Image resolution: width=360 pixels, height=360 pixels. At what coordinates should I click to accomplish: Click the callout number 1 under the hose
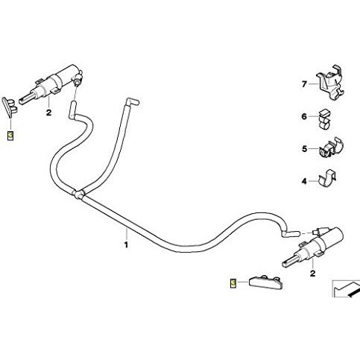[x=126, y=244]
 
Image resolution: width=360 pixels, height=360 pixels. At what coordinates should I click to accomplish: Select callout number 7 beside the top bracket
[x=304, y=84]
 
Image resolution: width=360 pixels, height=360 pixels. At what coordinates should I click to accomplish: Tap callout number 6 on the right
[x=304, y=116]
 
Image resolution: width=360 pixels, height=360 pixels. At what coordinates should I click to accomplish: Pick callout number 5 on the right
[x=304, y=149]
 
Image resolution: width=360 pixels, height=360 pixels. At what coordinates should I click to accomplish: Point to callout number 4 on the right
[x=304, y=181]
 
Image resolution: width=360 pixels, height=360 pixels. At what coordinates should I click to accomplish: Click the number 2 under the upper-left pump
[x=48, y=113]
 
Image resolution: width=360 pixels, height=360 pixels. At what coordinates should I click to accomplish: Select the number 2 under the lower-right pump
[x=313, y=274]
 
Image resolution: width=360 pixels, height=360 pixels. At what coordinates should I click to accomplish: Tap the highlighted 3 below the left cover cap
[x=10, y=136]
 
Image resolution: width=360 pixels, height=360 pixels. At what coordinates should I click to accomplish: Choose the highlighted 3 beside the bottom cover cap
[x=233, y=283]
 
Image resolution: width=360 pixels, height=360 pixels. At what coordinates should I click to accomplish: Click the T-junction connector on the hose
[x=79, y=195]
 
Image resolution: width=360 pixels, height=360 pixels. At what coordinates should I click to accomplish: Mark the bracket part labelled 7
[x=329, y=83]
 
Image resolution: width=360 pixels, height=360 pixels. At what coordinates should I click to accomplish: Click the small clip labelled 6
[x=323, y=119]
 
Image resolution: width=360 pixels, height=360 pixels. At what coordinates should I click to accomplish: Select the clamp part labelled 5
[x=330, y=148]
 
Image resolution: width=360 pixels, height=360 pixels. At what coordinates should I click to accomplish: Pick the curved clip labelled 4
[x=327, y=178]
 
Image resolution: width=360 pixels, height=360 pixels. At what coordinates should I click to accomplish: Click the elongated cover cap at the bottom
[x=266, y=282]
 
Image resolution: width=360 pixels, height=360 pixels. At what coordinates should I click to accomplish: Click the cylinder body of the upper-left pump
[x=66, y=75]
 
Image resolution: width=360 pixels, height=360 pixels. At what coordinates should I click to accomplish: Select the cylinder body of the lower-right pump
[x=328, y=238]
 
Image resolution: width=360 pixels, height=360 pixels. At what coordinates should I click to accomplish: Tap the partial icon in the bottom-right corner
[x=346, y=288]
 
